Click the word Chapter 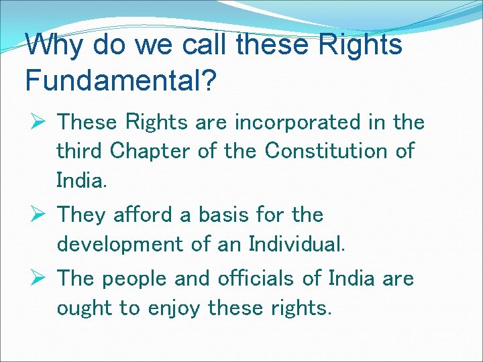tap(150, 151)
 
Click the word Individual tap(297, 243)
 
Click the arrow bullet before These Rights tap(36, 121)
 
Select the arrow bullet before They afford tap(36, 215)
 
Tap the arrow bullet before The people tap(36, 277)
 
